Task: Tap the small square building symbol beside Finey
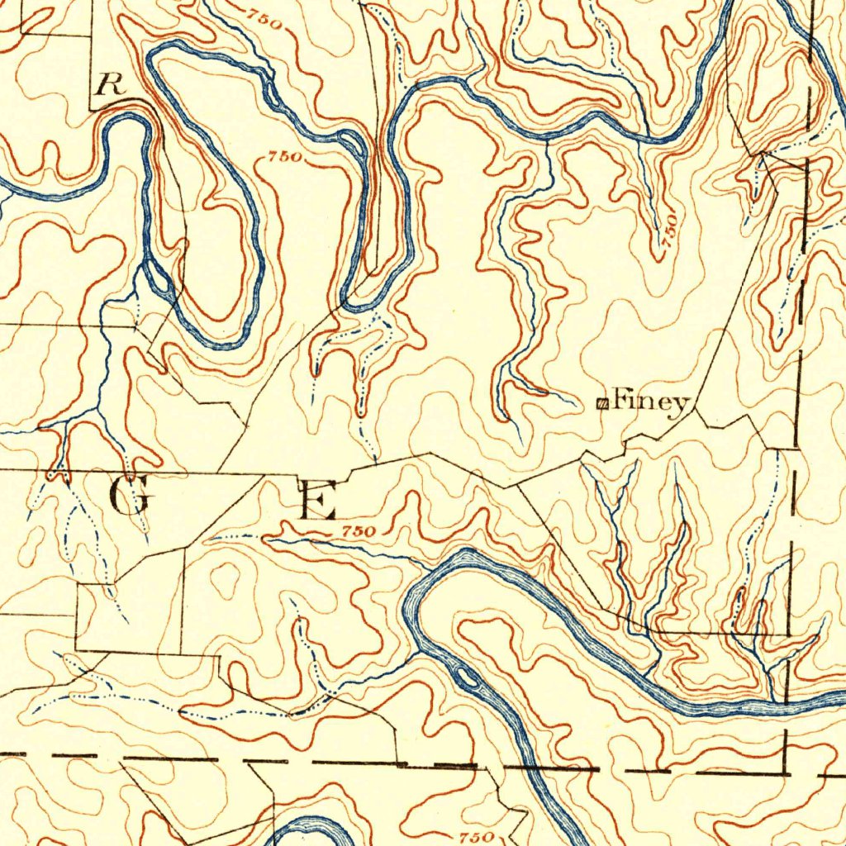[x=602, y=403]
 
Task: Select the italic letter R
[x=107, y=83]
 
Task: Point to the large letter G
[x=130, y=496]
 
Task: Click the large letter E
[x=316, y=500]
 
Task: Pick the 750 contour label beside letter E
[x=359, y=531]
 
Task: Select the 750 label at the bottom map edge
[x=475, y=837]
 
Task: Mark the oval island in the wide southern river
[x=468, y=678]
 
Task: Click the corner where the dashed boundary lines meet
[x=785, y=772]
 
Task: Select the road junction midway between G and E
[x=218, y=473]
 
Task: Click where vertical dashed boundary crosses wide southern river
[x=789, y=703]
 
